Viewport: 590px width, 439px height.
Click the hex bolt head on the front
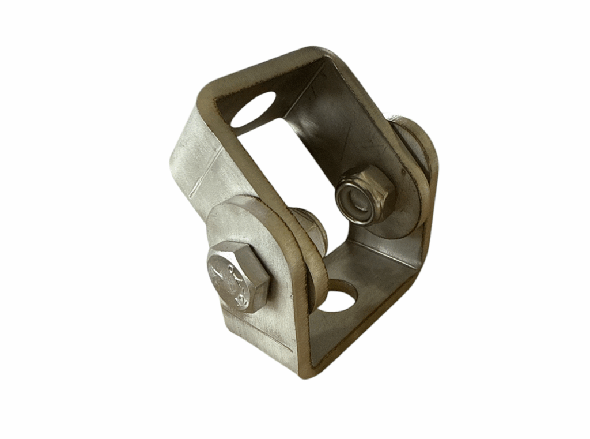click(x=238, y=276)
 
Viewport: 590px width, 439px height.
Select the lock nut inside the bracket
click(x=364, y=194)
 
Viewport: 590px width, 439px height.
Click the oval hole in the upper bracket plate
click(x=253, y=110)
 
